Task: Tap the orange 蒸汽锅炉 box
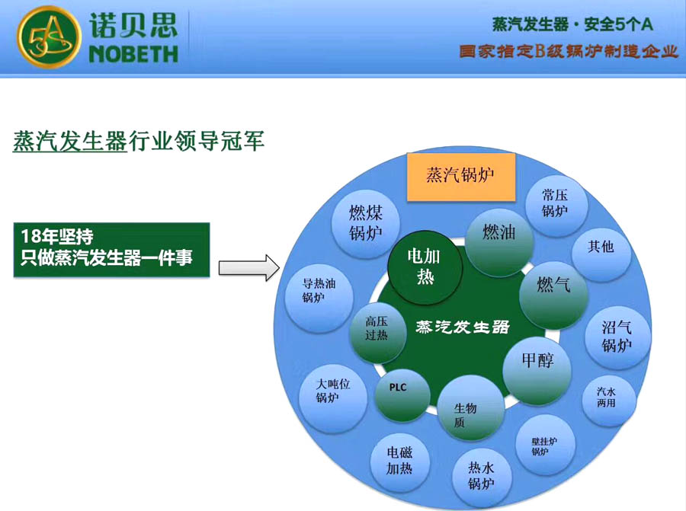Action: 460,176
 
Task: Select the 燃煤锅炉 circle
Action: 366,222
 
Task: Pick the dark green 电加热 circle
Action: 425,266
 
